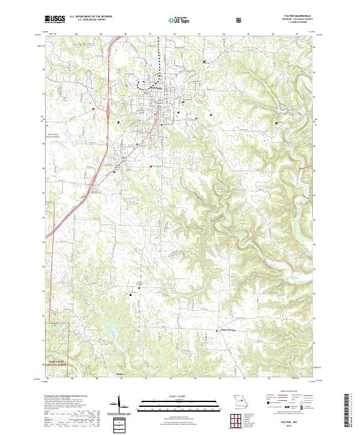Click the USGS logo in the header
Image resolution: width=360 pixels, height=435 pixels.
(55, 20)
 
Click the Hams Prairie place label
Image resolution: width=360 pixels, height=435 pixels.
(229, 329)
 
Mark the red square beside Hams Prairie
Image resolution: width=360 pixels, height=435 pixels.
(217, 330)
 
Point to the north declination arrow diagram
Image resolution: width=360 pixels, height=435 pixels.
(119, 404)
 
